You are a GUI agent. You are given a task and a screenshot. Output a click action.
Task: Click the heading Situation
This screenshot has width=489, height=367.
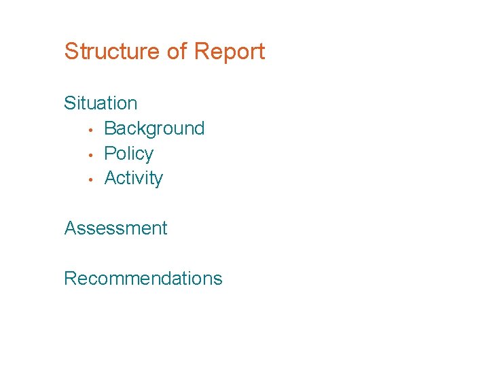[101, 103]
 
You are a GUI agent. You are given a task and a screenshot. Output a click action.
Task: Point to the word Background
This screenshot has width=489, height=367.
[154, 128]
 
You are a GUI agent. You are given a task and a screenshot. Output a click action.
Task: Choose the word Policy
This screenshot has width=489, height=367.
[128, 154]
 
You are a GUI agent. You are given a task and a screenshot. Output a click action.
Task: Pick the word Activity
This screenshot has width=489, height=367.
[133, 178]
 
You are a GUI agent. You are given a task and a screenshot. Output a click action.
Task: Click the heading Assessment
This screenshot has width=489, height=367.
[115, 228]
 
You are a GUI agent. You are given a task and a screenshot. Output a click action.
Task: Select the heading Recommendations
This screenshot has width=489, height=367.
[143, 278]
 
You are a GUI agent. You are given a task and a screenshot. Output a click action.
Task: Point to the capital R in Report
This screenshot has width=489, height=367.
[201, 52]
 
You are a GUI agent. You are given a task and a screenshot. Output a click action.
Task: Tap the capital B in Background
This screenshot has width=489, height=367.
[110, 128]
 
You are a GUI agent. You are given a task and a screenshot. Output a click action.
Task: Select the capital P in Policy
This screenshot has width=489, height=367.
[110, 154]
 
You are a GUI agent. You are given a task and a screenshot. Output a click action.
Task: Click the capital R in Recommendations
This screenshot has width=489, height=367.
[70, 278]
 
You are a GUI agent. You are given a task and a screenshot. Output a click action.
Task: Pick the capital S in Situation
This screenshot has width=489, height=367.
[69, 103]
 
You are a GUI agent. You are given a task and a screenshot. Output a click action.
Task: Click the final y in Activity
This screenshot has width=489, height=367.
[159, 180]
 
